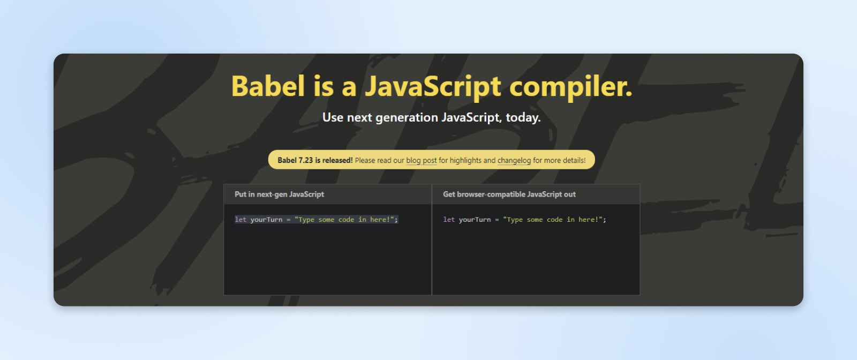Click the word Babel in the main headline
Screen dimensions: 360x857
tap(268, 86)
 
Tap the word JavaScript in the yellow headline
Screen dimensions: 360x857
tap(433, 87)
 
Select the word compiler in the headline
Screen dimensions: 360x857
tap(570, 87)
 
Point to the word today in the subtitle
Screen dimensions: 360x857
tap(523, 118)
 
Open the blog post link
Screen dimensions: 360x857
tap(422, 160)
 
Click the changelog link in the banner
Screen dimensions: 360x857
tap(514, 160)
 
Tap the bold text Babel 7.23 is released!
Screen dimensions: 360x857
tap(315, 160)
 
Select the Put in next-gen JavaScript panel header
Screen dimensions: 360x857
tap(279, 194)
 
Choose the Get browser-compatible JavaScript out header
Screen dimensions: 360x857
tap(509, 194)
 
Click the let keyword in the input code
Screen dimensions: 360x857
tap(240, 220)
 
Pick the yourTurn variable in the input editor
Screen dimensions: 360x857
tap(266, 220)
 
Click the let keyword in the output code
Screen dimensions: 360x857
tap(449, 220)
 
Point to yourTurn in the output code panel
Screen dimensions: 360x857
tap(475, 220)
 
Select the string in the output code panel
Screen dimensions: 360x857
tap(553, 220)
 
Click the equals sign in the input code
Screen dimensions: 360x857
tap(288, 220)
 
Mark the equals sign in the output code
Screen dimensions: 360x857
tap(497, 220)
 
